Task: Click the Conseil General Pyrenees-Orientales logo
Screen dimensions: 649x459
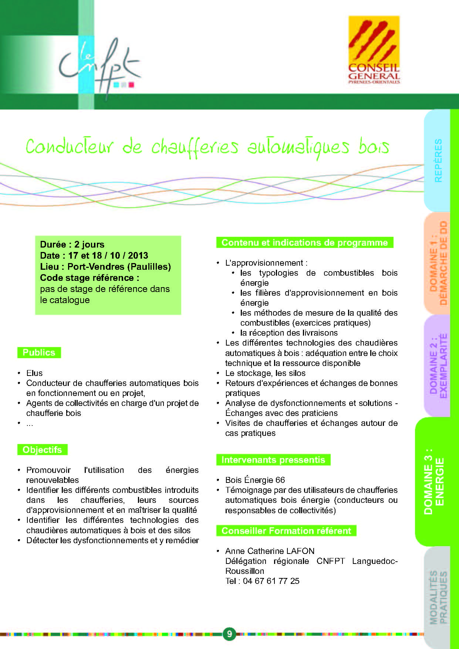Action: point(374,50)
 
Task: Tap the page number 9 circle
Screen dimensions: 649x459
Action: point(229,634)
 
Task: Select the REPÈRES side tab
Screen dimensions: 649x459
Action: point(438,160)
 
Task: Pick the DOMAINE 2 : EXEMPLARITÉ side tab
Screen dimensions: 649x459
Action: point(438,366)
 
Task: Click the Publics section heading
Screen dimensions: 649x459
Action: point(39,353)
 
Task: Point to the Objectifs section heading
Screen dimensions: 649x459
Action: point(42,450)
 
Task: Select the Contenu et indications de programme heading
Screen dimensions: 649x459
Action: point(304,243)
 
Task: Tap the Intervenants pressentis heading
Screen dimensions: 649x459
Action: point(273,460)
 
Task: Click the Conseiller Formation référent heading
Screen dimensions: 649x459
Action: point(286,531)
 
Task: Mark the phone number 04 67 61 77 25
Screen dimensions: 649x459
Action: point(271,581)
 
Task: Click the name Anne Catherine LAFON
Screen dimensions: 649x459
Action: point(270,551)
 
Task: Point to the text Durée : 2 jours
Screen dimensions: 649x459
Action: point(72,245)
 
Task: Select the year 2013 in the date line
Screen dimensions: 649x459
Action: point(138,256)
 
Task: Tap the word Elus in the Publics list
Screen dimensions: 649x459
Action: point(34,373)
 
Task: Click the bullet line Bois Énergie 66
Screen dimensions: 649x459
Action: point(255,480)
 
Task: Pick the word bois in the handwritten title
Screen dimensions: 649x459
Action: point(374,147)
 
